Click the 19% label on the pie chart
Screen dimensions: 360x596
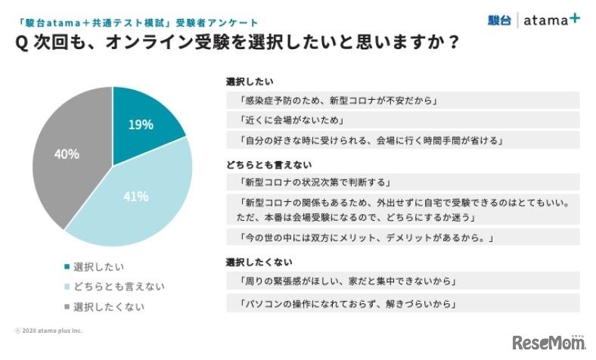tap(141, 125)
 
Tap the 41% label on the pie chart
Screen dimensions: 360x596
tap(136, 197)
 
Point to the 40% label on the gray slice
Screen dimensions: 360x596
tap(67, 154)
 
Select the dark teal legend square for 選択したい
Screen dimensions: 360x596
tap(68, 267)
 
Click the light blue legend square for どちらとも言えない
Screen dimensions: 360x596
tap(68, 287)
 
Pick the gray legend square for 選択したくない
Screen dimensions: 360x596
tap(68, 306)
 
